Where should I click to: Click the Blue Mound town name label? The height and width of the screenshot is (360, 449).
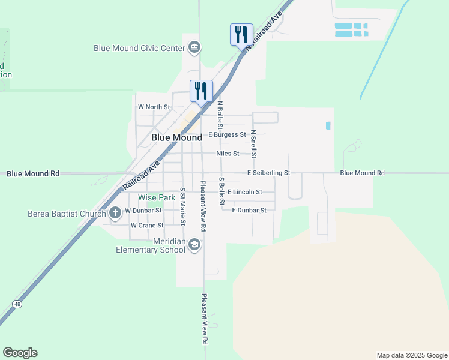(x=176, y=137)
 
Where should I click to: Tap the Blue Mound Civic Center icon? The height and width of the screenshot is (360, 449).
(x=194, y=47)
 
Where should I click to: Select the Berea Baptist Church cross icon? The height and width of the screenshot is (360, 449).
(x=116, y=213)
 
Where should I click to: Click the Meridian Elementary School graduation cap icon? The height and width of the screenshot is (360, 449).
(x=194, y=244)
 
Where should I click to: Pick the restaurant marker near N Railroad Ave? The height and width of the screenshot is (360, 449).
(x=241, y=34)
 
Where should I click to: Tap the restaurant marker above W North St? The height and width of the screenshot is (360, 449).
(x=201, y=91)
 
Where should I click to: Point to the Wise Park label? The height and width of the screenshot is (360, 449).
(x=157, y=197)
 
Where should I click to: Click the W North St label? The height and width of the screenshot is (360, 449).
(x=154, y=107)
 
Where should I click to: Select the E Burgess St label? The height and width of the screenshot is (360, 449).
(x=227, y=134)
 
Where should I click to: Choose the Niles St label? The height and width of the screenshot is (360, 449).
(x=228, y=154)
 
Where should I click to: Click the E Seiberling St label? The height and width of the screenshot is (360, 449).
(x=268, y=173)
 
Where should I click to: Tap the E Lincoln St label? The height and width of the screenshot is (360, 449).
(x=244, y=192)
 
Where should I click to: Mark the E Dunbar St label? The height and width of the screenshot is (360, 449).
(x=249, y=210)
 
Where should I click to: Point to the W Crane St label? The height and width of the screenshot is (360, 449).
(x=147, y=226)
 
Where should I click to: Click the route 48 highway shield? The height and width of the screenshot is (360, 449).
(x=18, y=304)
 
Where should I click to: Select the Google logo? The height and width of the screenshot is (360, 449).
(x=20, y=353)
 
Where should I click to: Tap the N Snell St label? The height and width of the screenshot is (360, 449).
(x=253, y=144)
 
